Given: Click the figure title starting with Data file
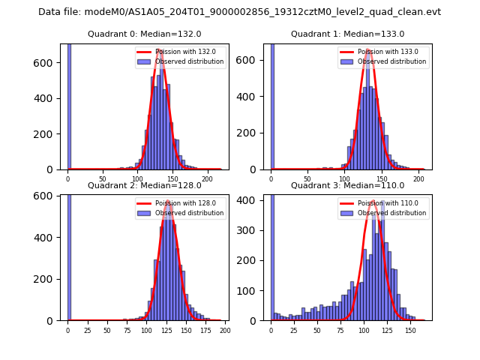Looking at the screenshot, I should pos(239,12).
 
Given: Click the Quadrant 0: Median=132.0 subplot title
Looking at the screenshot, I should pos(144,34).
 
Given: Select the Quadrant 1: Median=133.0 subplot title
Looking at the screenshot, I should pos(347,34).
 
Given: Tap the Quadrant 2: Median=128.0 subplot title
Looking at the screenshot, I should pos(144,185).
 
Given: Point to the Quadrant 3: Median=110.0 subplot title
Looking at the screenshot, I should pos(347,185).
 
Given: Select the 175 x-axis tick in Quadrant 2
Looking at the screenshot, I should pos(205,329).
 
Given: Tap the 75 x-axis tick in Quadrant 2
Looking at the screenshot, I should pos(127,329).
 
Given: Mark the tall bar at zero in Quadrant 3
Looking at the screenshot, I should pos(271,255).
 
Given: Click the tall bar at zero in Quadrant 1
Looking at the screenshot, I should pos(271,105).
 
